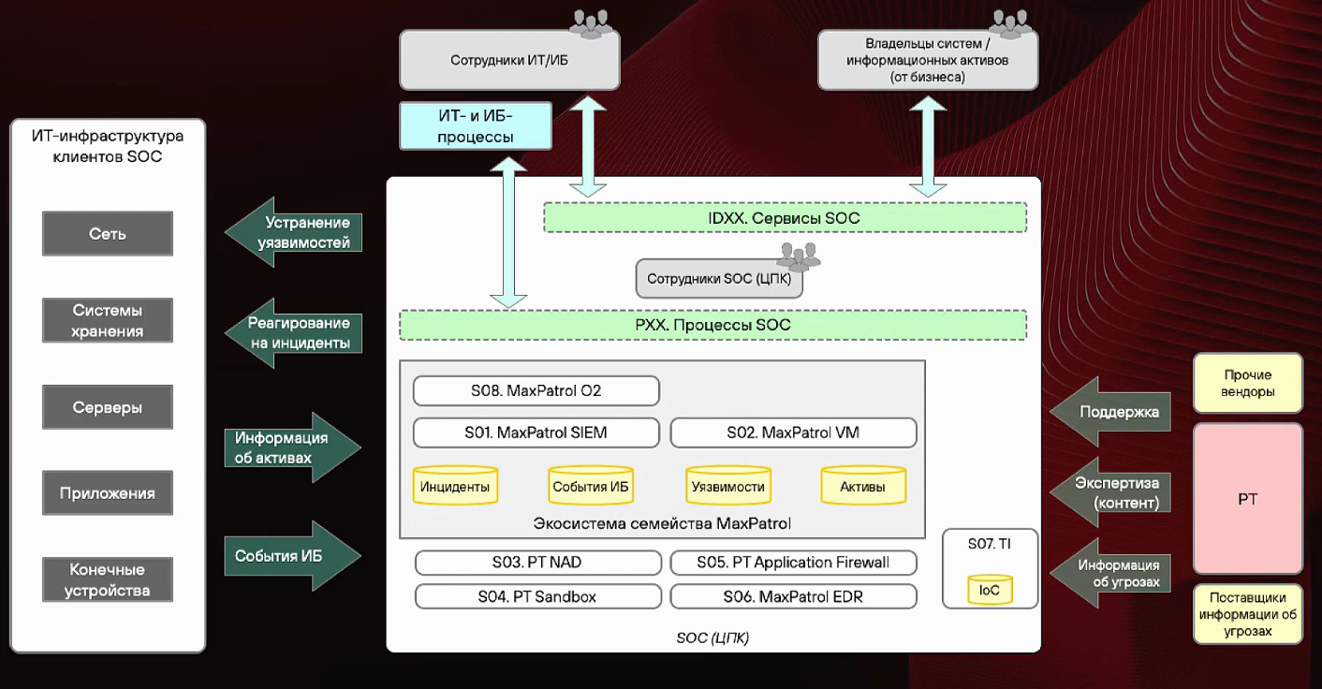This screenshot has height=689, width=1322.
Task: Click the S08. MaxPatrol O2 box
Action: point(536,390)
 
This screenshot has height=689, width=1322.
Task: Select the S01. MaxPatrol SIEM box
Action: point(536,432)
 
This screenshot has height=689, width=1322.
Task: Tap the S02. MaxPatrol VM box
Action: point(793,432)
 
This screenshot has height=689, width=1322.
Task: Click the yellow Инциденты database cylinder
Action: point(455,485)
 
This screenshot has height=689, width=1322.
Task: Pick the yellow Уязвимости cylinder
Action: point(727,485)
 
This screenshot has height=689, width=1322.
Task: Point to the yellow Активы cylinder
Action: point(862,485)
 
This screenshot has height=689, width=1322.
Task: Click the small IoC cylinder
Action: point(990,589)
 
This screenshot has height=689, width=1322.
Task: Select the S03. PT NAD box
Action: point(537,563)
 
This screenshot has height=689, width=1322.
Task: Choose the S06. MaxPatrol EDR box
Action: point(793,596)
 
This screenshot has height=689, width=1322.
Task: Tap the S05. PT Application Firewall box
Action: point(793,563)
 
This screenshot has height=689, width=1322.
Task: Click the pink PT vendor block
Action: point(1247,498)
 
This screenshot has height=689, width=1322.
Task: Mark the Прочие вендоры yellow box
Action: point(1247,383)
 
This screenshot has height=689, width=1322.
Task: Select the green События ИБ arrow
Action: point(291,555)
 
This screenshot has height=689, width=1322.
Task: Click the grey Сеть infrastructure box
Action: point(108,234)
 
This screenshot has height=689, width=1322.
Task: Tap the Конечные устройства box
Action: point(108,579)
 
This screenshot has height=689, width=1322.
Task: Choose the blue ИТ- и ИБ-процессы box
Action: point(476,126)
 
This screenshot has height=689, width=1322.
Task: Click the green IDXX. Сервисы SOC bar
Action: point(784,218)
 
